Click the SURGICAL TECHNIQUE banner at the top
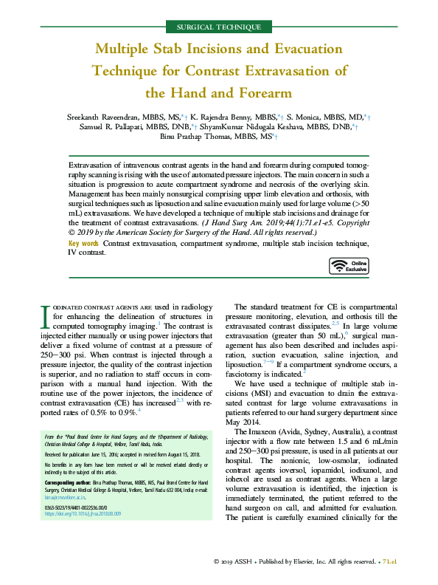point(219,27)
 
